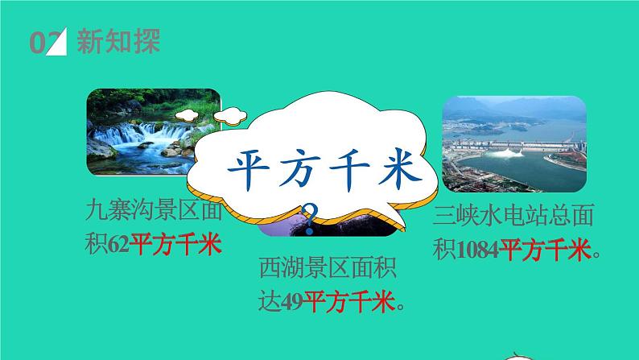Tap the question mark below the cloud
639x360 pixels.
308,215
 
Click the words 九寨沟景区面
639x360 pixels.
152,212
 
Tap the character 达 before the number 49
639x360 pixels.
271,303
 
